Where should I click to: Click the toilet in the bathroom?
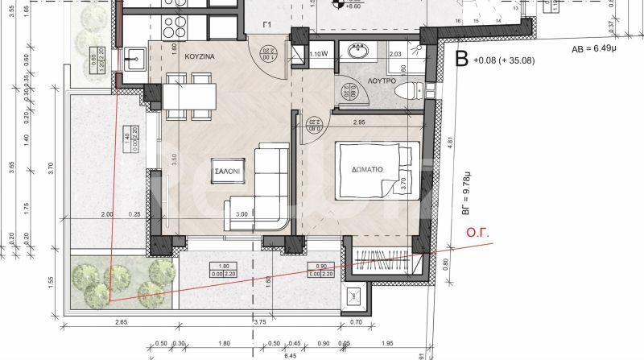[407, 89]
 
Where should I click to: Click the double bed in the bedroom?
[377, 170]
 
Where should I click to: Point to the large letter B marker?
[461, 59]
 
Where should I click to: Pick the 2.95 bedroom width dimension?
[359, 122]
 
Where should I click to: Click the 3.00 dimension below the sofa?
[242, 215]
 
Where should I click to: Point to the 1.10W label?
[320, 54]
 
